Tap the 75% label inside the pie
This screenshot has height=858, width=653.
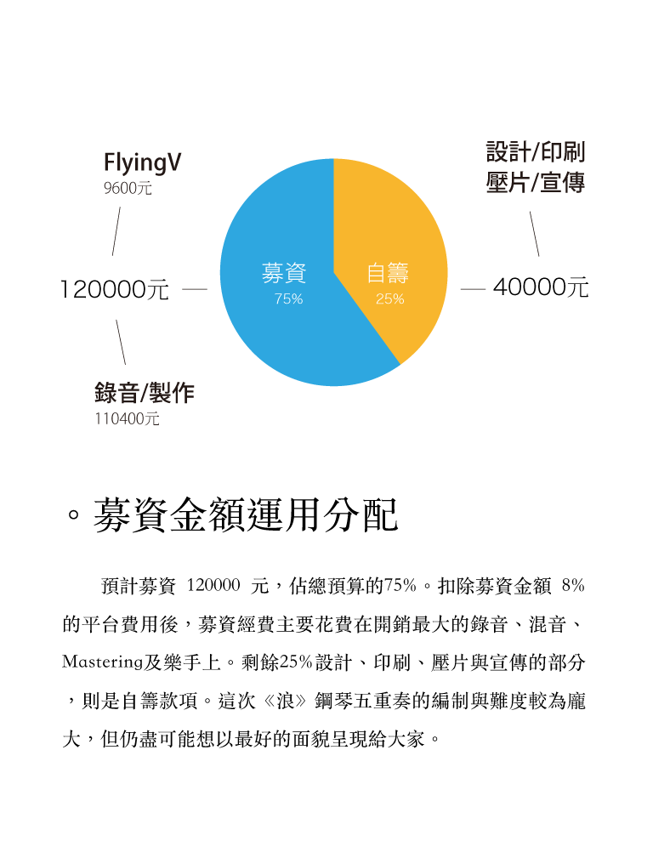tap(288, 298)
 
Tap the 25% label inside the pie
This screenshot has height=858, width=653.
tap(389, 298)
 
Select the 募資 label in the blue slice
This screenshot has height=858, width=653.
tap(284, 272)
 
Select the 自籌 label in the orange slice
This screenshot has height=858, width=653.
tap(388, 272)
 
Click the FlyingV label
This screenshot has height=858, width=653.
tap(142, 163)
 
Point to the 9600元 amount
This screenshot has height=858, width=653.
tap(128, 188)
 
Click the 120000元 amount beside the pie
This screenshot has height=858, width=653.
tap(115, 289)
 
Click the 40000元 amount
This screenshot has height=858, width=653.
tap(541, 287)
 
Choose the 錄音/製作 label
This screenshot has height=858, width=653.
tap(144, 393)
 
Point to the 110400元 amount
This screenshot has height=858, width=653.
tap(127, 419)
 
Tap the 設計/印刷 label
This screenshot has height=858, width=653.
tap(536, 152)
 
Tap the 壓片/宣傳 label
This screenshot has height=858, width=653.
tap(536, 182)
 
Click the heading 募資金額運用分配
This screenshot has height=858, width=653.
tap(245, 515)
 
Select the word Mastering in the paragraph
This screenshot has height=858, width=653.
tap(102, 662)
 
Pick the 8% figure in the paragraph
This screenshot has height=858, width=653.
tap(573, 586)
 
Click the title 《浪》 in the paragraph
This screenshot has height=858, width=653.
tap(285, 701)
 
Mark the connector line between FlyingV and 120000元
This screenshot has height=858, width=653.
tap(116, 231)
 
